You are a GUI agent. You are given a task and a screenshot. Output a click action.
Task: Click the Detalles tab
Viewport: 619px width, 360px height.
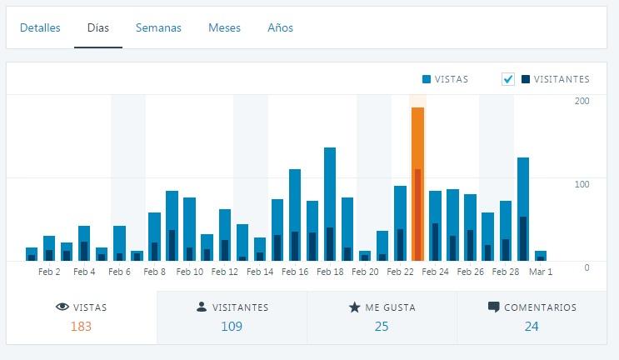coord(40,27)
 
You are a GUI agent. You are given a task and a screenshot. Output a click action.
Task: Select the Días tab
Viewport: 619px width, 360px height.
coord(98,27)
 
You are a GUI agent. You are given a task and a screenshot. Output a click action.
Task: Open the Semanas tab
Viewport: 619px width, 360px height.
coord(158,27)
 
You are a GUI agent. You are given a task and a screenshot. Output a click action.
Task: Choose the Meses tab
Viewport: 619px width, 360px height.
coord(224,27)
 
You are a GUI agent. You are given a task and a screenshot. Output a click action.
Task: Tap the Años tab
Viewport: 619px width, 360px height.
coord(280,27)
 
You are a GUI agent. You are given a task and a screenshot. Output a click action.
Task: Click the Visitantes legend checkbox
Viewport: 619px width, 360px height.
coord(508,79)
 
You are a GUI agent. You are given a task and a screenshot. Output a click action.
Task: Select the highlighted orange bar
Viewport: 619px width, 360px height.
coord(417,183)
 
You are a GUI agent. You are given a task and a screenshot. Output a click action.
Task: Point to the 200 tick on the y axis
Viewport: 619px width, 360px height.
coord(582,101)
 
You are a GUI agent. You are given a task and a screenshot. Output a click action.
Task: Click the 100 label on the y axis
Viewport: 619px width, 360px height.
coord(582,183)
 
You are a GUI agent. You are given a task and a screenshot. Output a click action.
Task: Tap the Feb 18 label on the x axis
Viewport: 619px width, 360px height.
coord(331,272)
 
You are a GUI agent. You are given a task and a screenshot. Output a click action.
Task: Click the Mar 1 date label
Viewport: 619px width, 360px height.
coord(542,272)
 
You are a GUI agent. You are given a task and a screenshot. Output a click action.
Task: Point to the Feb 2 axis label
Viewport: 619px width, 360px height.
coord(49,272)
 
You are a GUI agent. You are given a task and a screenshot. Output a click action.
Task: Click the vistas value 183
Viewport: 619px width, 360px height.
coord(81,326)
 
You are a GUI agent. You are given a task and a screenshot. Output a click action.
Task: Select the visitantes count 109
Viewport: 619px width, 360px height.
coord(232,326)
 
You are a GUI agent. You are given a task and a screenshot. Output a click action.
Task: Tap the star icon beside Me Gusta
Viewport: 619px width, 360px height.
coord(354,307)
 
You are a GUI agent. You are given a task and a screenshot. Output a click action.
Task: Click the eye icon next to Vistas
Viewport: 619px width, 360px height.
coord(62,307)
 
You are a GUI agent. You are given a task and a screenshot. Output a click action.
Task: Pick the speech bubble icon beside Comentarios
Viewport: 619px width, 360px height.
coord(494,307)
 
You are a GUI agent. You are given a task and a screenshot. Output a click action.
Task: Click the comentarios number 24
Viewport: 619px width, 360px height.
coord(532,326)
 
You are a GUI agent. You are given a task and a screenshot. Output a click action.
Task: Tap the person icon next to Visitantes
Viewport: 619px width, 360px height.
coord(202,307)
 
